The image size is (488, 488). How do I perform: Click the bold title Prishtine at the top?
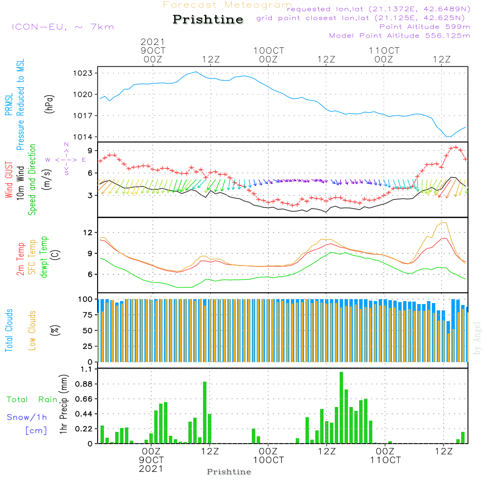pos(208,20)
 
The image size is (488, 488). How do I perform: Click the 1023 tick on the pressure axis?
pos(83,73)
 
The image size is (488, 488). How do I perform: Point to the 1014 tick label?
pos(83,137)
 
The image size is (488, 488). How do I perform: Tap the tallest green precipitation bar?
pos(342,407)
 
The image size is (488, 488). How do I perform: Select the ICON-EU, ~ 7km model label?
pos(63,27)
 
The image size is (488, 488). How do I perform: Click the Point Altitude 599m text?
pos(425,27)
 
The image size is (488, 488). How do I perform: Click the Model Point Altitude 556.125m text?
pos(400,36)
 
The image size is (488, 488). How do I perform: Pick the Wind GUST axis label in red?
pos(9,180)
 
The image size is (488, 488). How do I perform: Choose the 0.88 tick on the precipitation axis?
pos(84,384)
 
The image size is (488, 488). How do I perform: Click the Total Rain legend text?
pos(32,399)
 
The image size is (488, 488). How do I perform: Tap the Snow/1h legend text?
pos(27,417)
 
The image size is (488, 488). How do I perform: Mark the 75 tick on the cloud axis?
pos(87,315)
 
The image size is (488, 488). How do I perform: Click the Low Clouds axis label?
pos(32,330)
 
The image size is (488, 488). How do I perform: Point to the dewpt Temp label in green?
pos(43,257)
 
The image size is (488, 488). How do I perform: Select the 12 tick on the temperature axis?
pos(88,232)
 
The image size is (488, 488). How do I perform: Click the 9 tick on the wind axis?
pos(90,151)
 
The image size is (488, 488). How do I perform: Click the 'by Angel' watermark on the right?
pos(477,338)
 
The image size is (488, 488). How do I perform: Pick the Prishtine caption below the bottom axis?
pos(229,472)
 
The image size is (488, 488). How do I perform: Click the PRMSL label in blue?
pos(9,104)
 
